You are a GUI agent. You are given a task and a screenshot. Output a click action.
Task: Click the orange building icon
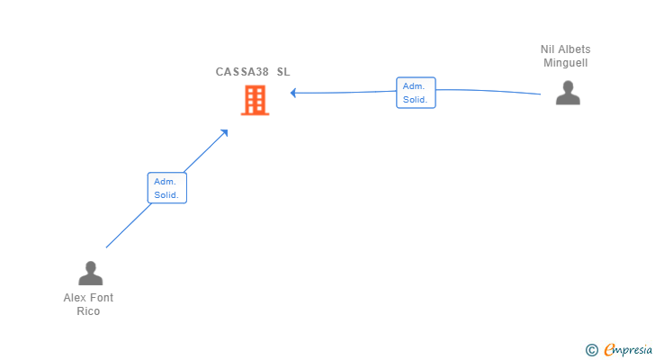click(x=256, y=101)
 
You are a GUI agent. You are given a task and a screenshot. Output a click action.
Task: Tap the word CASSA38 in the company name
click(x=242, y=72)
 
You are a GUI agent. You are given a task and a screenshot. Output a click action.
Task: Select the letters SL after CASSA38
click(x=283, y=72)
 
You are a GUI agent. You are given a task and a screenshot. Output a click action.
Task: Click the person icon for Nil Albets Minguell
click(x=568, y=93)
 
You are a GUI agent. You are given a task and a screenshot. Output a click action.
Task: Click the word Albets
click(x=574, y=49)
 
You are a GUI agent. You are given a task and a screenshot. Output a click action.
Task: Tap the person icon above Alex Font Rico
click(x=90, y=273)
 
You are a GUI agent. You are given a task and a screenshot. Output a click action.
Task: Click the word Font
click(x=103, y=298)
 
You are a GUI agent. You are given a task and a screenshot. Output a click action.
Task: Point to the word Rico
click(x=88, y=311)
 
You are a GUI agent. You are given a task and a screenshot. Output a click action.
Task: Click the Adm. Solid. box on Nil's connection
click(x=416, y=93)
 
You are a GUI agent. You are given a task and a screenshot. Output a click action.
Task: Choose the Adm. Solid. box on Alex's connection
click(x=166, y=188)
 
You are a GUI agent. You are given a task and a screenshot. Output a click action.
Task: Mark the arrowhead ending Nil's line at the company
click(x=293, y=93)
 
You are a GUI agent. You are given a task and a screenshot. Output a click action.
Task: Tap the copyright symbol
click(x=592, y=350)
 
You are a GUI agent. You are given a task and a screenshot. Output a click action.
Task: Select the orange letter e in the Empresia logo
click(x=609, y=350)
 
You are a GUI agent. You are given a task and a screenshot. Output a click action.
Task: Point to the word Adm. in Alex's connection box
click(x=165, y=182)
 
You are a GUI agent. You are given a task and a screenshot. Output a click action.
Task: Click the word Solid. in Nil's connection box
click(x=415, y=99)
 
